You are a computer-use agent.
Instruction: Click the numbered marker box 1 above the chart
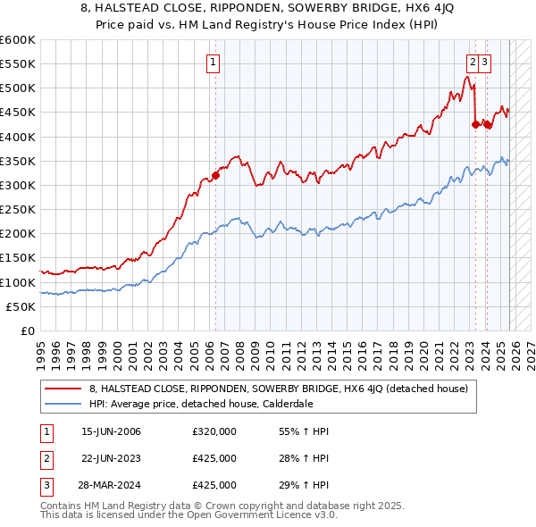point(214,63)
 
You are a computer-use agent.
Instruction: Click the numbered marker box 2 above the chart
point(471,63)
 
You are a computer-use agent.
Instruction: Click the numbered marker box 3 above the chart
point(483,63)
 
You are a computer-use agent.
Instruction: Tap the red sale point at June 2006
point(215,175)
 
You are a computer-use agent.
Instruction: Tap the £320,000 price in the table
point(214,431)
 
